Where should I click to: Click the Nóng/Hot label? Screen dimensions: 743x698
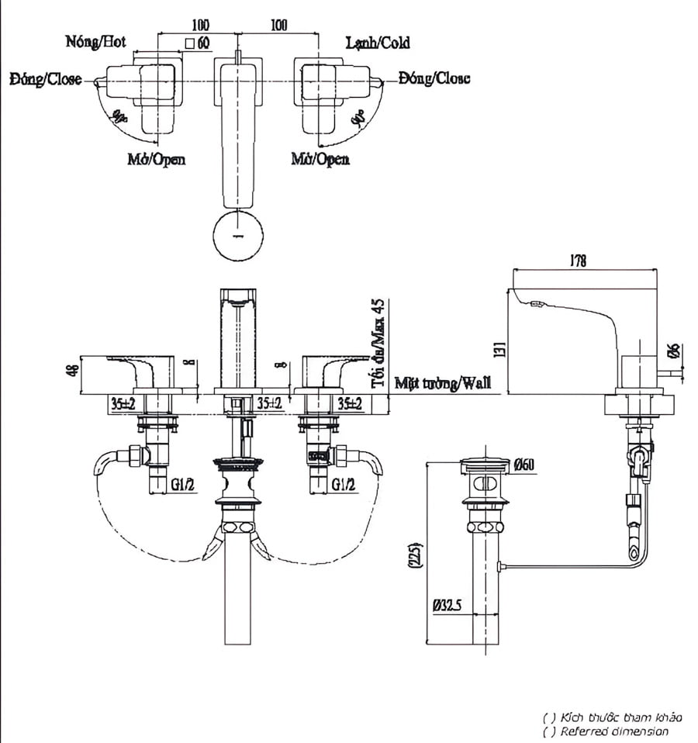tap(95, 42)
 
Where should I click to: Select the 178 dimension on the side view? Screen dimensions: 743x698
tap(577, 261)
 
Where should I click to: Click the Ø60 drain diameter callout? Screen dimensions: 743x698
tap(523, 465)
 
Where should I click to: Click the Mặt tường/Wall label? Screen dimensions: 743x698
tap(442, 382)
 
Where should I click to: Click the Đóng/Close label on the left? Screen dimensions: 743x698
tap(45, 79)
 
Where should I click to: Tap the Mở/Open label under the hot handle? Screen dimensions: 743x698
tap(156, 159)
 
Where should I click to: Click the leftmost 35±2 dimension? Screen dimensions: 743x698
tap(123, 403)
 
